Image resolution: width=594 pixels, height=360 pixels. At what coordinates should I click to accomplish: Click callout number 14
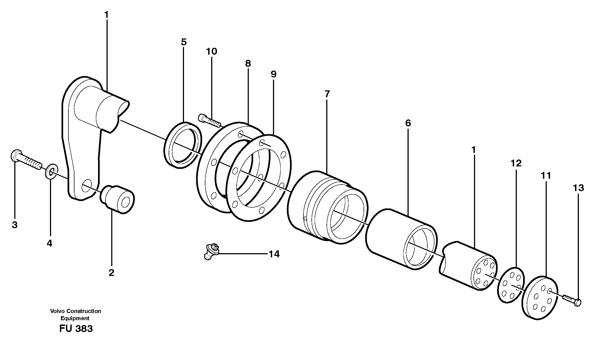[x=274, y=254]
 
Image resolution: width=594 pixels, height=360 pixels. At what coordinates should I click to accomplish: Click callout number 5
[x=184, y=42]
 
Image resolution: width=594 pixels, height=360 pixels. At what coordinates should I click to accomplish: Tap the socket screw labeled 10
[x=209, y=121]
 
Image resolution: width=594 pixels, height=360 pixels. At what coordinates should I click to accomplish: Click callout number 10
[x=211, y=51]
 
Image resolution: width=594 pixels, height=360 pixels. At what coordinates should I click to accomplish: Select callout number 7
[x=327, y=94]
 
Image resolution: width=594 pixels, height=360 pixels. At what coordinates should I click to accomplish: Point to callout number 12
[x=516, y=163]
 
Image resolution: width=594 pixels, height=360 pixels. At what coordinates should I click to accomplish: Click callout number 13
[x=578, y=188]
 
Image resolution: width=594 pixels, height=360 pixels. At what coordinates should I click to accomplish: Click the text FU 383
[x=76, y=329]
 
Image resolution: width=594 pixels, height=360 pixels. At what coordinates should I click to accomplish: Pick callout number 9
[x=273, y=74]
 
